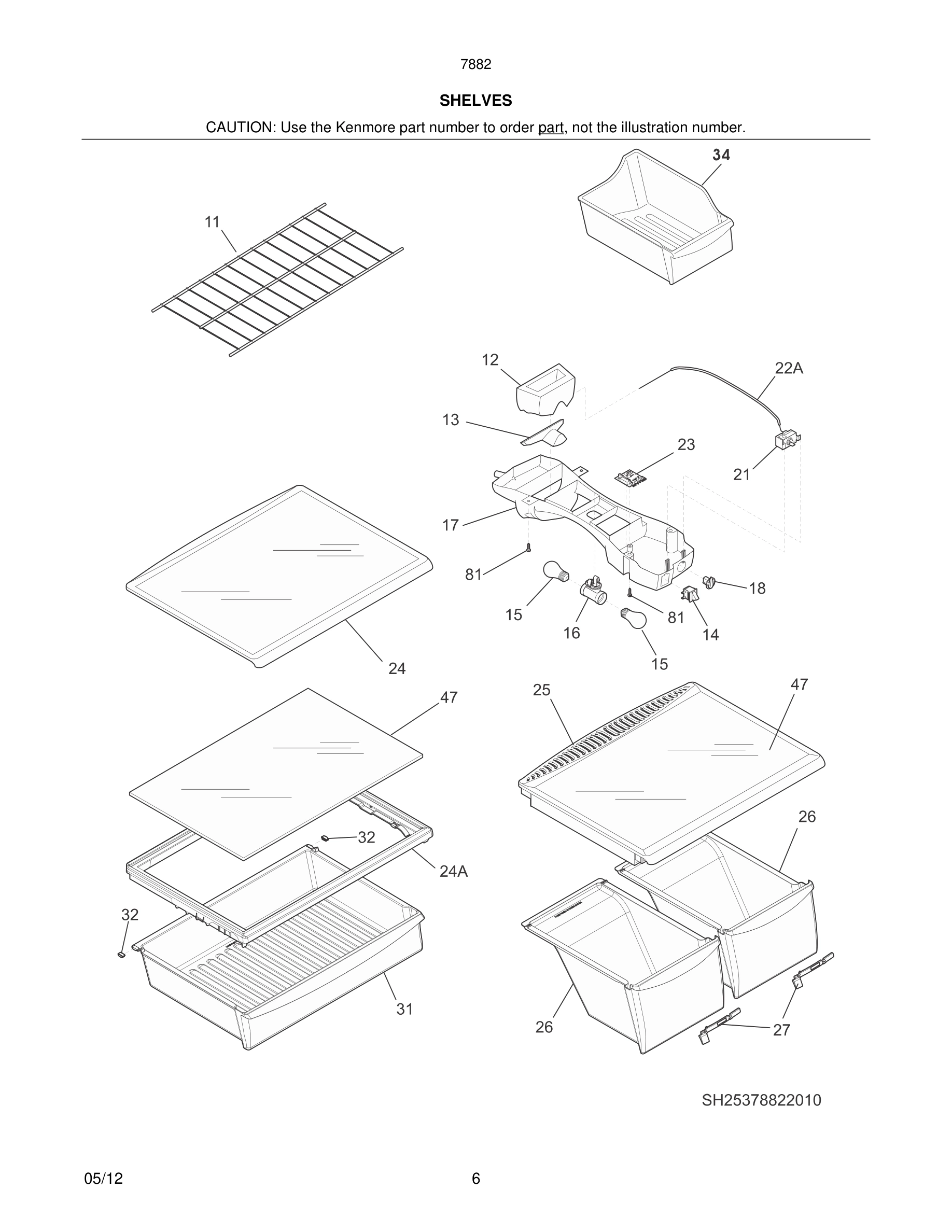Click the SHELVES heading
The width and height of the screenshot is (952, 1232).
(475, 101)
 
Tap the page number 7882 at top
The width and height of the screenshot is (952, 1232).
(475, 65)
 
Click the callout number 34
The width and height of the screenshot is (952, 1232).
(721, 155)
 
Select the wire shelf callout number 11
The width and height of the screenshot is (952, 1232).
(212, 222)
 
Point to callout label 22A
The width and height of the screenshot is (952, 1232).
(789, 368)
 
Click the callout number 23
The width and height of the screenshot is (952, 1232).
(686, 444)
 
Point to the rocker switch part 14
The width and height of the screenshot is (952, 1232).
(690, 593)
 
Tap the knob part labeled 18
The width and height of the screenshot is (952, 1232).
(709, 581)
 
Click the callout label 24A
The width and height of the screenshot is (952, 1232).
(453, 872)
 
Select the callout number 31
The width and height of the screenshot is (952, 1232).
(404, 1009)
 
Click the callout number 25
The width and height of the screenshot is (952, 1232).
(541, 690)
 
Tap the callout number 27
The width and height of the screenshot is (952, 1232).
(781, 1030)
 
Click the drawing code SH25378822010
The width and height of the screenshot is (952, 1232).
(761, 1100)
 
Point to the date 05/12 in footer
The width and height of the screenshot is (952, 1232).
(103, 1179)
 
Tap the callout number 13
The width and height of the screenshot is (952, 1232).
(451, 419)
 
